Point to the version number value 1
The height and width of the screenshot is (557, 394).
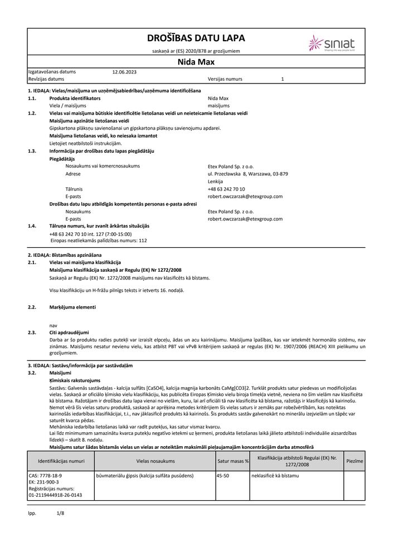point(283,80)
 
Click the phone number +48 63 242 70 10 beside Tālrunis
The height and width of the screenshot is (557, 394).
point(226,189)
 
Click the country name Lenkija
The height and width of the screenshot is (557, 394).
point(215,182)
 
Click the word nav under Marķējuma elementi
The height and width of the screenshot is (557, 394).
point(53,325)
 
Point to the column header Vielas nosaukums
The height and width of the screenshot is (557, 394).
point(155,461)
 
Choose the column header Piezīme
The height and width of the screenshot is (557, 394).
point(354,461)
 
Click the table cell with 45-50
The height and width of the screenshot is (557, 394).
point(223,476)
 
